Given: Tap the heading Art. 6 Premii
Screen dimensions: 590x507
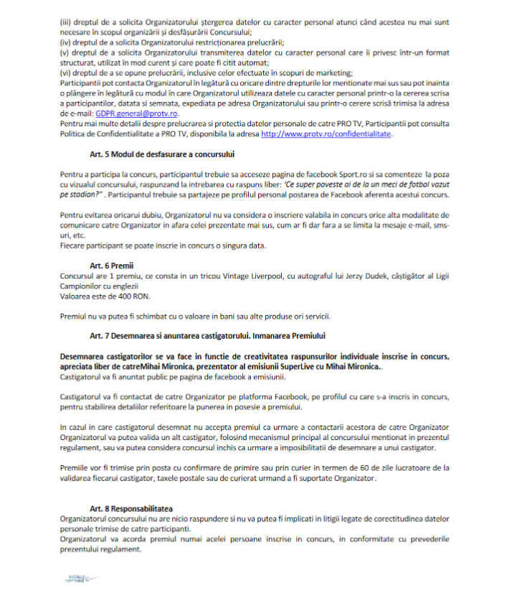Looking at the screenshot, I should pos(107,265).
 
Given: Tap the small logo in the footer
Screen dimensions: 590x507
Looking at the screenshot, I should pos(73,577).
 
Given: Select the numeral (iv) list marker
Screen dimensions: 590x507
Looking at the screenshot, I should pos(65,42).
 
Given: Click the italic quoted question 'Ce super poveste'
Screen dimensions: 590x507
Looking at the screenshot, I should pos(358,184).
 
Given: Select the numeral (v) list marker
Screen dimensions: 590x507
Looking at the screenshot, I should pos(64,52).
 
